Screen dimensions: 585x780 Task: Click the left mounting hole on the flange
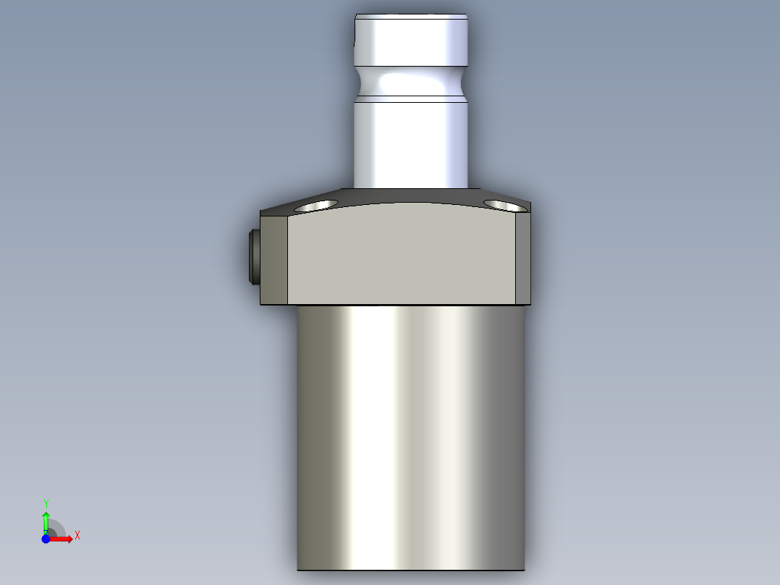[x=317, y=204]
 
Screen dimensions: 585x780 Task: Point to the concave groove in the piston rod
[x=410, y=83]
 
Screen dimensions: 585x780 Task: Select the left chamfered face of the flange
[x=275, y=259]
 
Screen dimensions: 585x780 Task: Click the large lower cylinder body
[x=410, y=434]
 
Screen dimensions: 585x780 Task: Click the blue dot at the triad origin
[x=46, y=539]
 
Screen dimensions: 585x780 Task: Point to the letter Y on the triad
[x=46, y=503]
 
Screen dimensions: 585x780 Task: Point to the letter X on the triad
[x=77, y=536]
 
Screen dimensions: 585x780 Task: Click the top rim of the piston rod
[x=410, y=15]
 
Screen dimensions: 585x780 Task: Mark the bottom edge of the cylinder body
[x=410, y=569]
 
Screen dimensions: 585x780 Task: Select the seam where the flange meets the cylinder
[x=410, y=305]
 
